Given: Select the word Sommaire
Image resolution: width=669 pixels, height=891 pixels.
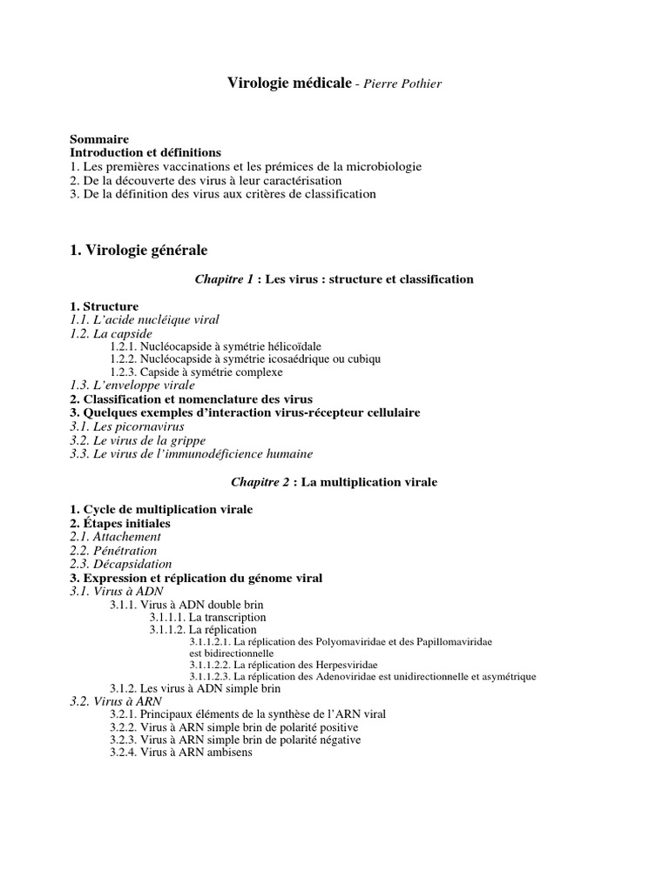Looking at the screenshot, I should click(x=99, y=139).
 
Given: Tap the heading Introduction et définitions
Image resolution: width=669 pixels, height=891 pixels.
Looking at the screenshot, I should click(x=145, y=152).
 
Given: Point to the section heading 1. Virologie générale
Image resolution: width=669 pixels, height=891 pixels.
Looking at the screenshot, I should click(x=139, y=251).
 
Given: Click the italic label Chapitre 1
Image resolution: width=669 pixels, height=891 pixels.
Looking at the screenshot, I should click(x=224, y=279).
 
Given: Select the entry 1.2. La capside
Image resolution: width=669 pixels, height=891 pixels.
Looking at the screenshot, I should click(x=111, y=333).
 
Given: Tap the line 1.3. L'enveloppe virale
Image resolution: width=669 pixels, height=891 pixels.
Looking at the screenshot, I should click(x=132, y=385).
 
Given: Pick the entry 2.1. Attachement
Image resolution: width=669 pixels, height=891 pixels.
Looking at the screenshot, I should click(x=115, y=537).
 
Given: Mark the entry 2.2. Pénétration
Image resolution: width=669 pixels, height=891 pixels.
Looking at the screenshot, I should click(x=113, y=551).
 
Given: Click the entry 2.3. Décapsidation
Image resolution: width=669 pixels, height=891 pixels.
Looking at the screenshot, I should click(x=120, y=564).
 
